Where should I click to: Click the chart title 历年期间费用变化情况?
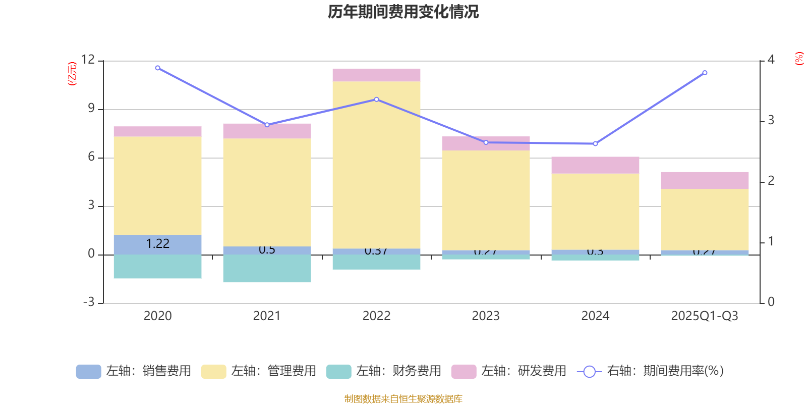pos(403,12)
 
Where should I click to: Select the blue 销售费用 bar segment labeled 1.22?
pos(157,244)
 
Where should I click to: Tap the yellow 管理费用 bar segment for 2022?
pos(376,165)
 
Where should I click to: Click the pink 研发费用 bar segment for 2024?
pos(595,165)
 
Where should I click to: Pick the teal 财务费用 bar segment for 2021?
pos(267,268)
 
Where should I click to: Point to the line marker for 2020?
pos(157,68)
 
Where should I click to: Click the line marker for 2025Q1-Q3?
pos(705,73)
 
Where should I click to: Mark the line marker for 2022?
pos(376,99)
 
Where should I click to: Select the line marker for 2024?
pos(595,144)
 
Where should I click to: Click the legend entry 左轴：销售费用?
pos(134,371)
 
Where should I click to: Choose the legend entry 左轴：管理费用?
pos(259,371)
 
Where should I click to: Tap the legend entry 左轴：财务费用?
pos(384,371)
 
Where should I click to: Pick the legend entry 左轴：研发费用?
pos(509,371)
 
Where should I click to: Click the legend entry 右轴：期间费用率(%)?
pos(651,371)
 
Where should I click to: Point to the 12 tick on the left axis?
pos(88,60)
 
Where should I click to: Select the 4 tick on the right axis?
pos(771,60)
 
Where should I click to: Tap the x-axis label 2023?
pos(486,316)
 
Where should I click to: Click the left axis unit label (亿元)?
pos(72,74)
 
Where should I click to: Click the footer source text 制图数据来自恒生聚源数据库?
pos(403,399)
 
